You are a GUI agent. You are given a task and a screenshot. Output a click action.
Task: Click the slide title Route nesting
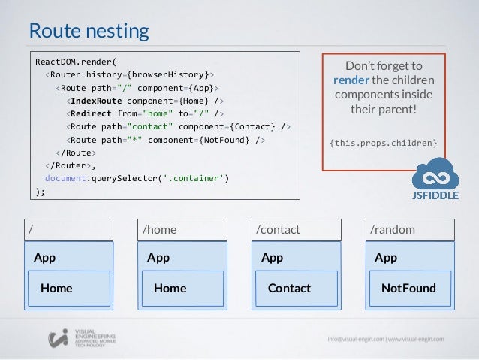point(89,31)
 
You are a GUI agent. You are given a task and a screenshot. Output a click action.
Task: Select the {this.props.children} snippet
point(384,142)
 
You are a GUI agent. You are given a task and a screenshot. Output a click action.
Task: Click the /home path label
point(158,228)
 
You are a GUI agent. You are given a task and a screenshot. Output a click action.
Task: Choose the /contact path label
point(278,228)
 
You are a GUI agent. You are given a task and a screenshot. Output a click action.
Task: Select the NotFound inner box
point(408,288)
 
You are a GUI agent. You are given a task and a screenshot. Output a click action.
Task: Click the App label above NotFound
point(386,258)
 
